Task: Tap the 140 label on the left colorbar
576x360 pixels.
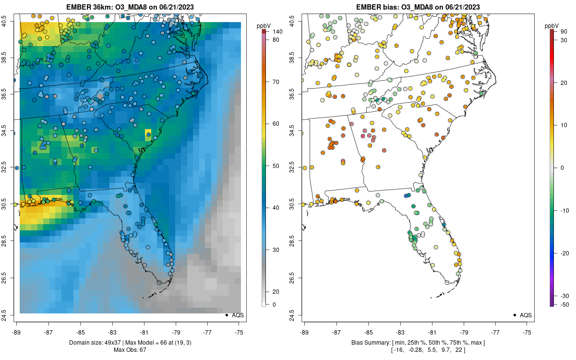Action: [276, 32]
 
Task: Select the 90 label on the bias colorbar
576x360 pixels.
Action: [564, 32]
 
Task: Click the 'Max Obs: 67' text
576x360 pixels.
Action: [130, 349]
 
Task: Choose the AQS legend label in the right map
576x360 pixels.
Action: [526, 315]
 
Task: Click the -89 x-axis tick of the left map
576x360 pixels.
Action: [17, 332]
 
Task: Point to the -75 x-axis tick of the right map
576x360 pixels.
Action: [527, 332]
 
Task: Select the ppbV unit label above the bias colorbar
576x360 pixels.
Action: [552, 25]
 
